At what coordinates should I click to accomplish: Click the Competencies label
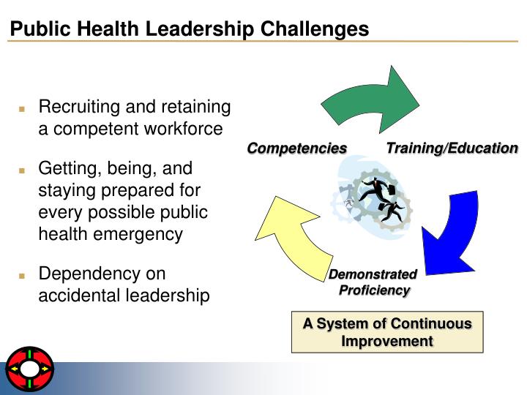coord(296,149)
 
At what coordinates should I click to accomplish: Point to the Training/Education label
coord(452,148)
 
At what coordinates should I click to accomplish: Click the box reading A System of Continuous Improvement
coord(387,332)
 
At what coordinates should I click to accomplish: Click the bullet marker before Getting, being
coord(22,170)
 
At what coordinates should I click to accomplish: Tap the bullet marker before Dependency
coord(22,276)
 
